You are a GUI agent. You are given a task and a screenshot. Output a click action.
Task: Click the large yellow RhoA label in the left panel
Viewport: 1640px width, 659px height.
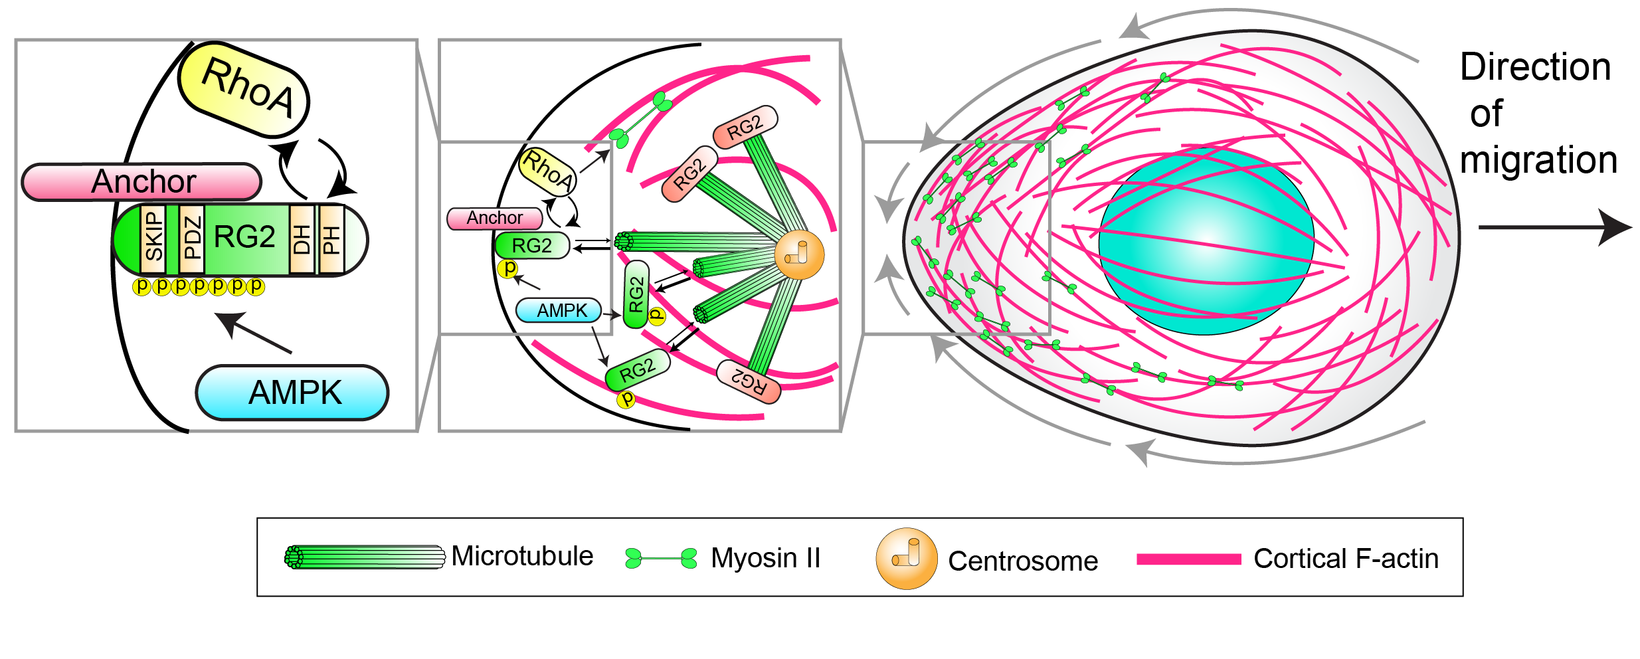(x=244, y=91)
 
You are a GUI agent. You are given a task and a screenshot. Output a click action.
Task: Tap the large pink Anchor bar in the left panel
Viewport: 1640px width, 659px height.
(x=142, y=181)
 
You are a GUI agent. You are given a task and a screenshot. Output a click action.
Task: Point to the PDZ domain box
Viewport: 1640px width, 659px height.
(x=191, y=239)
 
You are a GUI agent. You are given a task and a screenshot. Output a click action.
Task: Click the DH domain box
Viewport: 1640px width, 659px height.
(x=302, y=239)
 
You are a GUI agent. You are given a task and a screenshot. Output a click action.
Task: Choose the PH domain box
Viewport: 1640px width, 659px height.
(x=331, y=239)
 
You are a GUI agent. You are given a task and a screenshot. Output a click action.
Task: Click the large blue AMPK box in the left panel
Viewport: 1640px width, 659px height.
(x=292, y=393)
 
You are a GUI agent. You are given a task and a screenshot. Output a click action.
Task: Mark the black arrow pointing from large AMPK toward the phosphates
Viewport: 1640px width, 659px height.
(x=253, y=332)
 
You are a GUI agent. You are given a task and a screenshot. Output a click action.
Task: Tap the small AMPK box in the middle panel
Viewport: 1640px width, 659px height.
(x=559, y=310)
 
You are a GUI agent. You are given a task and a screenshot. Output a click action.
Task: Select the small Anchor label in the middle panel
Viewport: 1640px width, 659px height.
(x=494, y=218)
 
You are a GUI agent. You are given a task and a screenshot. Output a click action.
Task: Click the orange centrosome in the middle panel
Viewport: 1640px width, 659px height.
(x=799, y=255)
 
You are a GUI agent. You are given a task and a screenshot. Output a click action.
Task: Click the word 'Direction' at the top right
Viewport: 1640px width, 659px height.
(x=1535, y=67)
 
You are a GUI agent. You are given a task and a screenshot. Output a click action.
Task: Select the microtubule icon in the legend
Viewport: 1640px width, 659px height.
(x=365, y=557)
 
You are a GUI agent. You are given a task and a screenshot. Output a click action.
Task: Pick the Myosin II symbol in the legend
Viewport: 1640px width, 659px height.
(x=661, y=558)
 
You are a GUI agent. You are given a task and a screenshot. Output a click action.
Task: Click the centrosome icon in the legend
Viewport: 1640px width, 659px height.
(x=906, y=559)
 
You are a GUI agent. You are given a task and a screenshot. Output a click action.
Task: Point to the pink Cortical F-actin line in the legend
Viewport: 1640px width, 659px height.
(x=1188, y=559)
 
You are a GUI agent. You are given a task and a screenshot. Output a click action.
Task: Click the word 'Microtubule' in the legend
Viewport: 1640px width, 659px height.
(x=522, y=556)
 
